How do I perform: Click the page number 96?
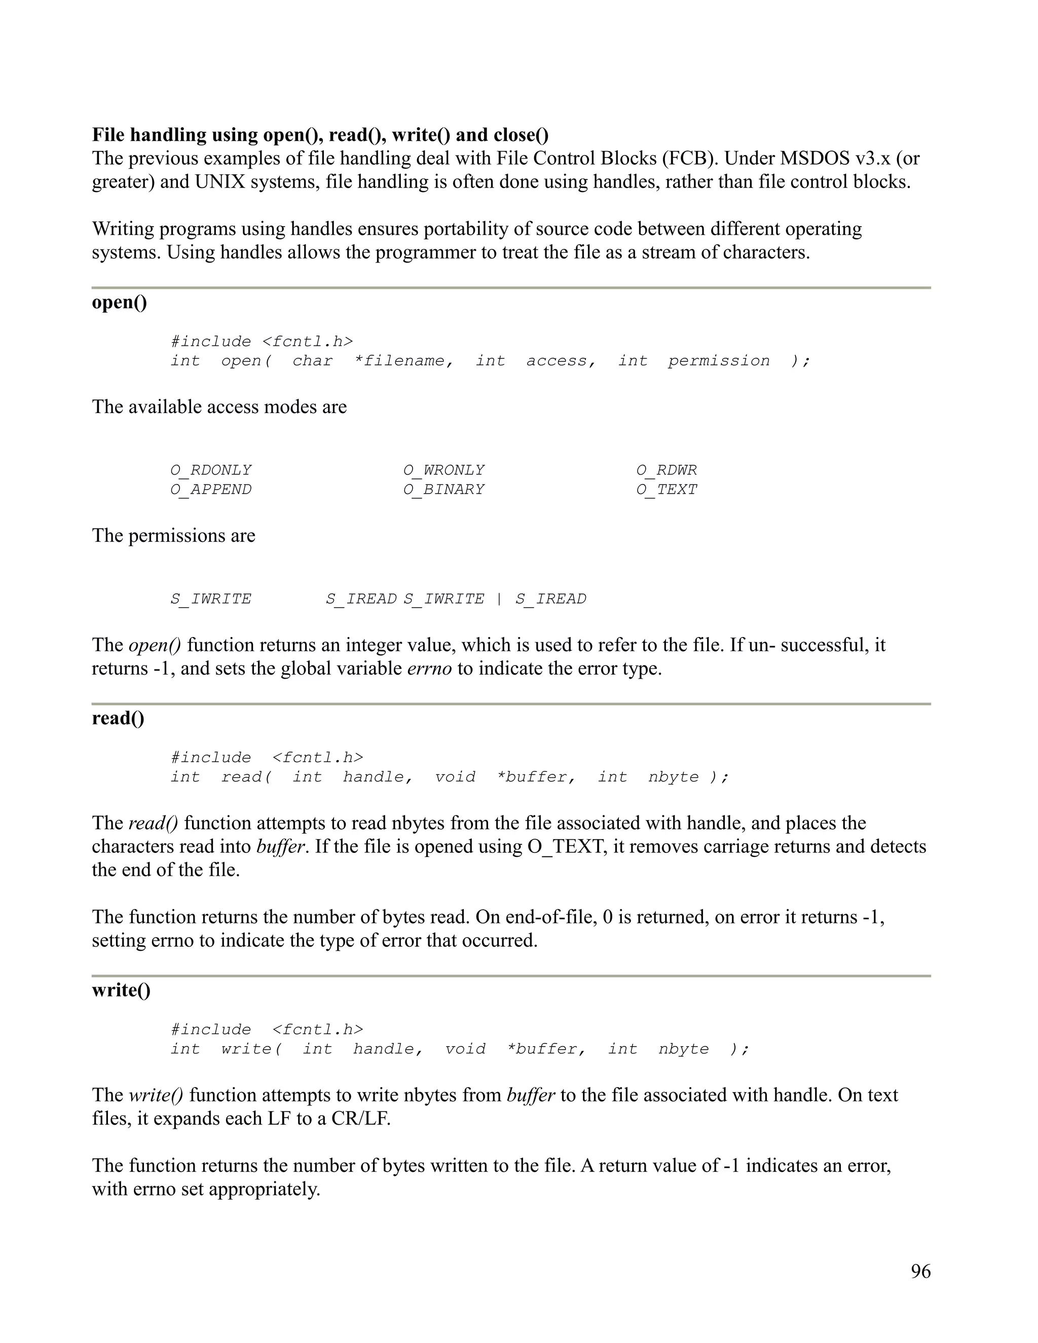[x=920, y=1271]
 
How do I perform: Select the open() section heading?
[x=119, y=303]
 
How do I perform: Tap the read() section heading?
[x=118, y=718]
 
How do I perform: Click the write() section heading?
[x=121, y=990]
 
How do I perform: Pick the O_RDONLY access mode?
[x=211, y=470]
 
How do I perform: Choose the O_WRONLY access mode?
[x=443, y=470]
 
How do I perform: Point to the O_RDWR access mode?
[x=666, y=470]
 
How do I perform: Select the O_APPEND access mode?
[x=211, y=490]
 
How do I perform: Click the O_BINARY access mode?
[x=443, y=490]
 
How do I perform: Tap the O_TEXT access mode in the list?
[x=666, y=490]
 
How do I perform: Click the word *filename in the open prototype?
[x=404, y=361]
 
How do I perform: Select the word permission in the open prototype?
[x=718, y=361]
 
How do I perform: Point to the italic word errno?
[x=429, y=668]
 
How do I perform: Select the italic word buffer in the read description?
[x=280, y=847]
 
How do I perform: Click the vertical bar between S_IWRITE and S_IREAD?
[x=499, y=599]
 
